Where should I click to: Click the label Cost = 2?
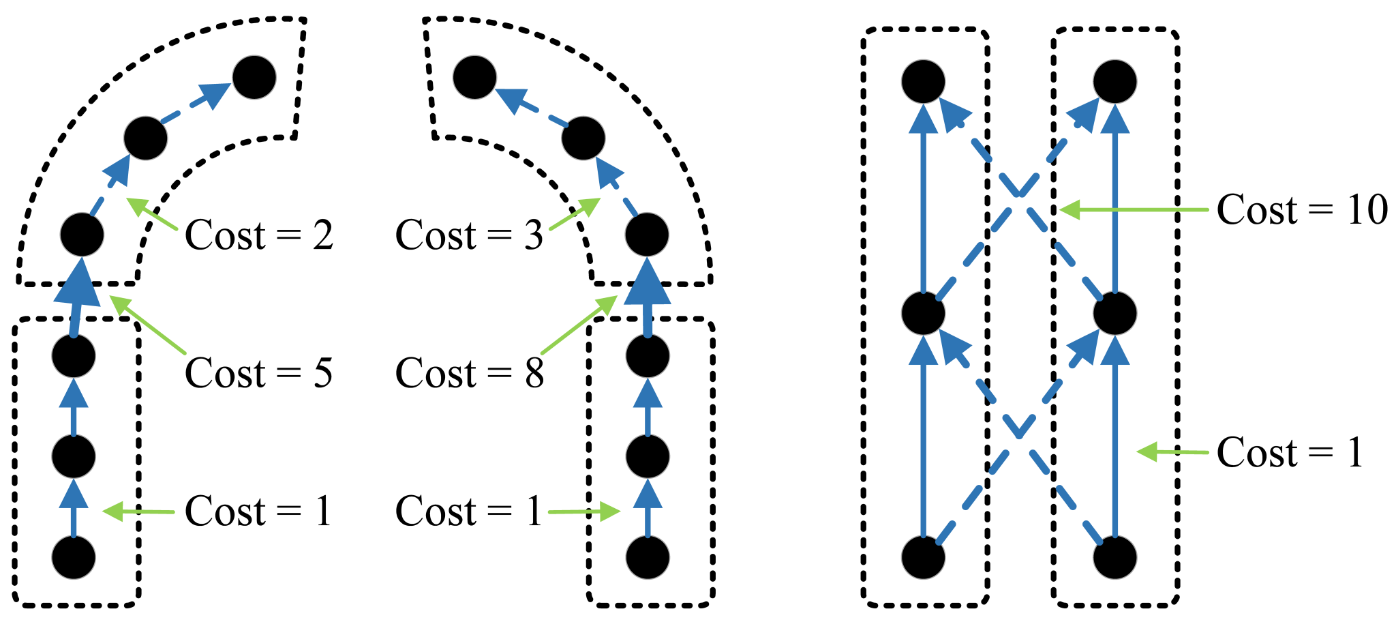(259, 235)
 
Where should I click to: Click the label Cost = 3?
(469, 235)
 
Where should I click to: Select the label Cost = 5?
(259, 373)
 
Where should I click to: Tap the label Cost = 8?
(469, 373)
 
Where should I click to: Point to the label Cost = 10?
(1302, 209)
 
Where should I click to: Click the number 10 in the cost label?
(1367, 209)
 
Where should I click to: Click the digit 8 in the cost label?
(534, 373)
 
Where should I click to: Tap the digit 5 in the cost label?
(322, 373)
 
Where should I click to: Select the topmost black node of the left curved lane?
(254, 77)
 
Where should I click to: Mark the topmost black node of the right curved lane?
(474, 77)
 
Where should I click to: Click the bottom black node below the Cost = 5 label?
(74, 557)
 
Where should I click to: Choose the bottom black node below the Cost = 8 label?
(647, 557)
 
